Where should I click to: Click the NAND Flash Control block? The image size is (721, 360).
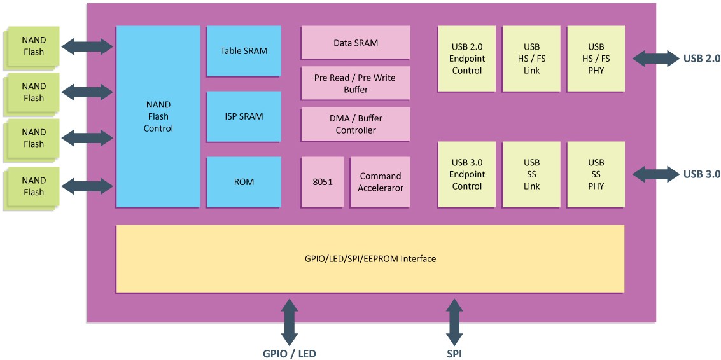point(158,116)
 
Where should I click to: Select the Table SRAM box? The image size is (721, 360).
point(244,51)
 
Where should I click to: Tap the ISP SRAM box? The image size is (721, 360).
point(244,116)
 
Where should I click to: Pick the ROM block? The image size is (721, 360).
point(244,182)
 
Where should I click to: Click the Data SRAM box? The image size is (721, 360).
point(356,43)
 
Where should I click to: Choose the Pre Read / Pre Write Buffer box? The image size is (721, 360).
point(356,83)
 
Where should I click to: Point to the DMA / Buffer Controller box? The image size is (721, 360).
point(356,124)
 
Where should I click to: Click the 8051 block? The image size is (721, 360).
point(323,182)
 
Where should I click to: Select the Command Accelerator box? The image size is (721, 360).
point(381,182)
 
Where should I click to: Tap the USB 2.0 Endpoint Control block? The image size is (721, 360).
point(466,59)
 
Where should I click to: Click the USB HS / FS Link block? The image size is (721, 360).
point(531,59)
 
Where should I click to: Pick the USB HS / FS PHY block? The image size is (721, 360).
point(596,59)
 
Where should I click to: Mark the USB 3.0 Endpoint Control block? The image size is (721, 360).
point(466,174)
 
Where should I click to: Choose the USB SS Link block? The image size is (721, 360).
point(531,174)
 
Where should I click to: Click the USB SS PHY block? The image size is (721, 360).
point(596,174)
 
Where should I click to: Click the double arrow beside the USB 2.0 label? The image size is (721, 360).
point(655,59)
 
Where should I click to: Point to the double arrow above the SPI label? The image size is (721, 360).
point(454,322)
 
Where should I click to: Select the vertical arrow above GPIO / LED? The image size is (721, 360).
point(290,322)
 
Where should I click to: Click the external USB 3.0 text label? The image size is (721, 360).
point(701,174)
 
